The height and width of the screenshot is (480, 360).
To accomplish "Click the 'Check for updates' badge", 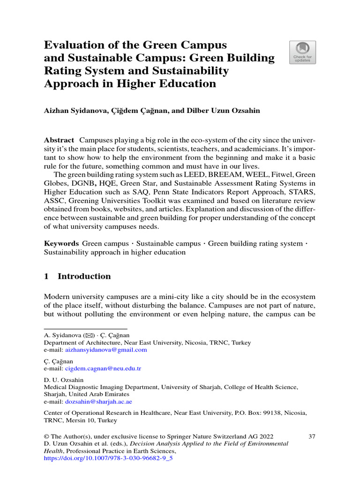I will (x=302, y=52).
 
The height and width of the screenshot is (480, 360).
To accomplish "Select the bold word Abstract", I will (x=59, y=140).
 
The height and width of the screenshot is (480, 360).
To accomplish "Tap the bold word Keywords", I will (x=61, y=243).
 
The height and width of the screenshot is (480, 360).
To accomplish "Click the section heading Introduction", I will (x=84, y=276).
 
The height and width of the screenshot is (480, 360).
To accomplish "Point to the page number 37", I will (x=312, y=436).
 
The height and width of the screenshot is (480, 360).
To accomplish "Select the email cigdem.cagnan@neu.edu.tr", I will (x=103, y=368).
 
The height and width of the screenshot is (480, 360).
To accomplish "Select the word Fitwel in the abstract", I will (x=274, y=174).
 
